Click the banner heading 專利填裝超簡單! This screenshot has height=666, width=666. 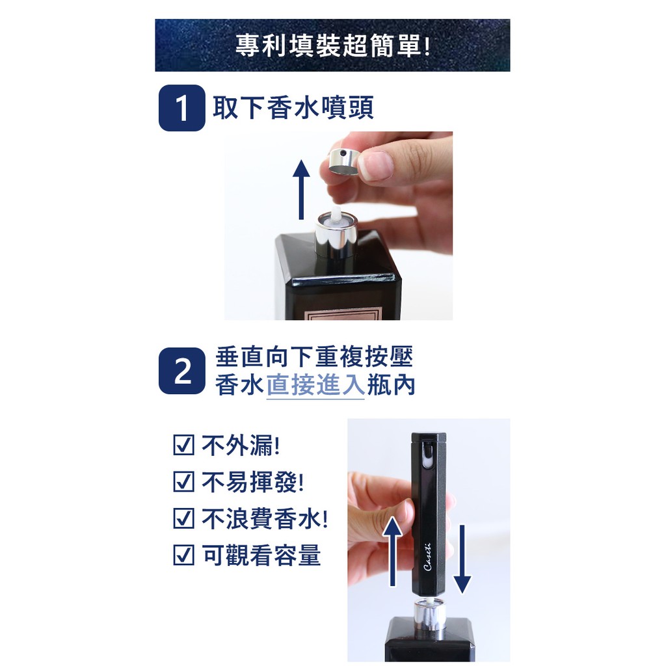coord(332,46)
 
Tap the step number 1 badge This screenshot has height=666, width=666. coord(182,108)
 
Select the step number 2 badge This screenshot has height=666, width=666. coord(182,371)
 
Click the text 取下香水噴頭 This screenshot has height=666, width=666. coord(293,108)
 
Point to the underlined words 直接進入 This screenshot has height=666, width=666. coord(315,384)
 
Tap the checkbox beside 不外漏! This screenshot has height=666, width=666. coord(184,445)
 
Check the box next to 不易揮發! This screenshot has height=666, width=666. coord(184,482)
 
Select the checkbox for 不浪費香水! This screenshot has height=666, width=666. coord(184,518)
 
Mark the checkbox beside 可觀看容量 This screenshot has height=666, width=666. coord(184,555)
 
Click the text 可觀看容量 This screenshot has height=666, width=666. coord(261,555)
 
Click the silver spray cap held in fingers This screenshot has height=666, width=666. coord(344,162)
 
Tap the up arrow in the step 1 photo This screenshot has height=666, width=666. coord(301,190)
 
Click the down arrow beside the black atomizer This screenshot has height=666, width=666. coord(462,559)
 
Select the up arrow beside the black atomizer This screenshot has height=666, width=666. coord(392,552)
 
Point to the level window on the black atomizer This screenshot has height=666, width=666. coord(428,456)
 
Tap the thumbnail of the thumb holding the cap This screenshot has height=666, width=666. coord(375,166)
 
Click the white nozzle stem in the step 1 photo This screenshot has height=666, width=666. coord(336,215)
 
